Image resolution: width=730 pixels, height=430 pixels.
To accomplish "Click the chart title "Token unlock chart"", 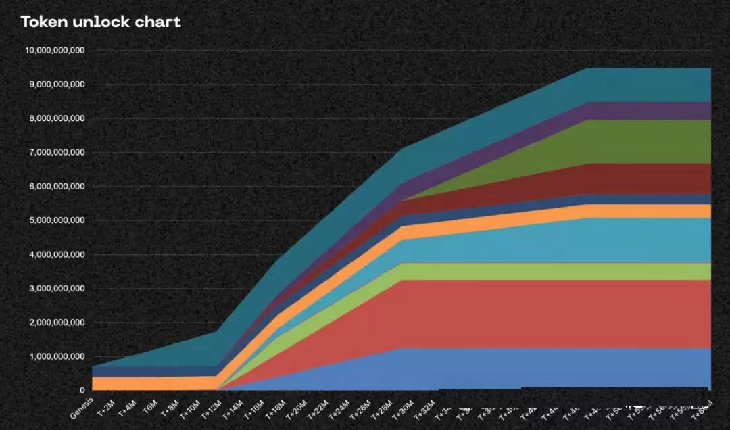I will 101,22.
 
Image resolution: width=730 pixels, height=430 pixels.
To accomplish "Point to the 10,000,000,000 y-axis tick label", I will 54,51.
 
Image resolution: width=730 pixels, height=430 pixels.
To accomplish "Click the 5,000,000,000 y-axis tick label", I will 57,220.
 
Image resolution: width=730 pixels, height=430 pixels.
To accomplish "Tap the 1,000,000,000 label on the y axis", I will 57,356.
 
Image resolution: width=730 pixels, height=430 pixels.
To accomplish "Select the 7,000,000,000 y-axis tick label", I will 57,153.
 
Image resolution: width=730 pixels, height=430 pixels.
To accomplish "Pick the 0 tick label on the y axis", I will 82,391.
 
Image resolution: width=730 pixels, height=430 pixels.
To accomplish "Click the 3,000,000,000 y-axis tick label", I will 57,289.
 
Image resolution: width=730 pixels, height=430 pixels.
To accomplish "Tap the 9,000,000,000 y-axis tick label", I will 57,85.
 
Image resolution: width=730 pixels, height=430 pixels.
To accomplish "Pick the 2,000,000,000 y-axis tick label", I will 57,322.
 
